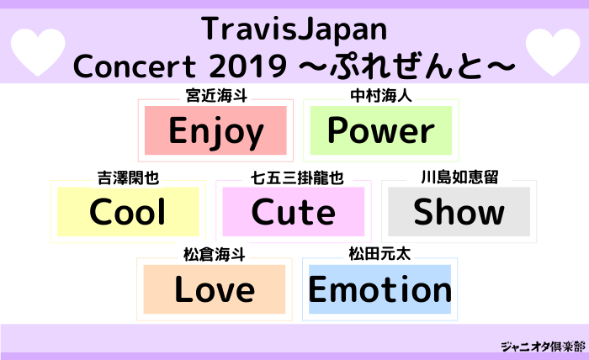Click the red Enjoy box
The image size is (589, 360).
216,130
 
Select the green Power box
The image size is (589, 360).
381,130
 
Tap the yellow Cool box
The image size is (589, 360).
128,212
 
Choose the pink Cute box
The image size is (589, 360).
294,212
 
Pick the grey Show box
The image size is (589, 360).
459,212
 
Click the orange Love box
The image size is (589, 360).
215,289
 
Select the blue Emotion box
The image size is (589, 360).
380,289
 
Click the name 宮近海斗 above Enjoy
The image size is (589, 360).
216,97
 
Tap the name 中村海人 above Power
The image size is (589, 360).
381,97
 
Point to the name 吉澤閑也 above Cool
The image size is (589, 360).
128,178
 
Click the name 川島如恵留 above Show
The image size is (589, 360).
459,178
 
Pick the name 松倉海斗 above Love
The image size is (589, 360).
215,254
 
